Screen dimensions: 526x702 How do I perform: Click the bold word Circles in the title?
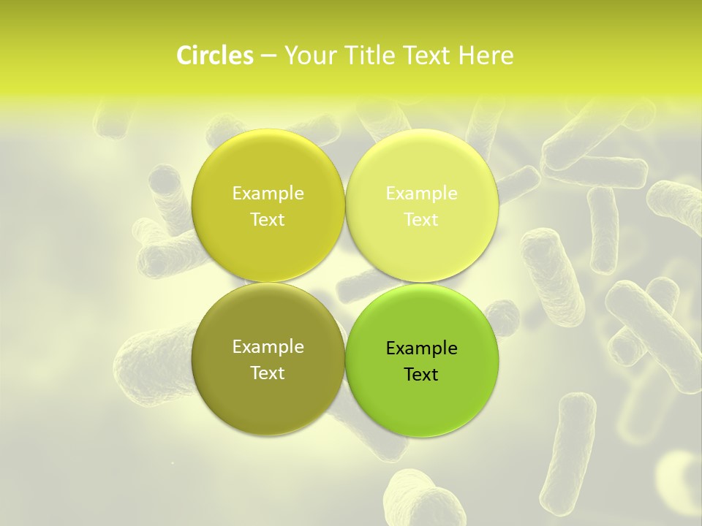coord(214,56)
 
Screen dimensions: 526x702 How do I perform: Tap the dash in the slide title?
coord(268,56)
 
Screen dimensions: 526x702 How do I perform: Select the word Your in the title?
coord(308,56)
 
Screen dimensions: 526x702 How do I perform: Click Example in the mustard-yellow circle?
coord(268,194)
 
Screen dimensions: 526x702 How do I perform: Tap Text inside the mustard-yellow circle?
coord(268,220)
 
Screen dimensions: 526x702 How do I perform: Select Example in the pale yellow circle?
coord(421,194)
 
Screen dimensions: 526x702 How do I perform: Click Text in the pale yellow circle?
coord(421,220)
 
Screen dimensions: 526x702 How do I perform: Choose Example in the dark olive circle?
coord(268,347)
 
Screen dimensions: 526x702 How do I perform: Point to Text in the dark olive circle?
coord(268,373)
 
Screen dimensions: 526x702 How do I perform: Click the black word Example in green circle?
coord(421,348)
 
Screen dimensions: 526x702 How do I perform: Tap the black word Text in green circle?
coord(421,375)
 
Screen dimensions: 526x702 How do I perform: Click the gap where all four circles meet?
coord(344,282)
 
